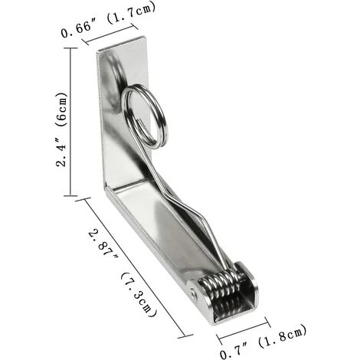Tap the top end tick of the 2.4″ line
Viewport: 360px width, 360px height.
(70, 49)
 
